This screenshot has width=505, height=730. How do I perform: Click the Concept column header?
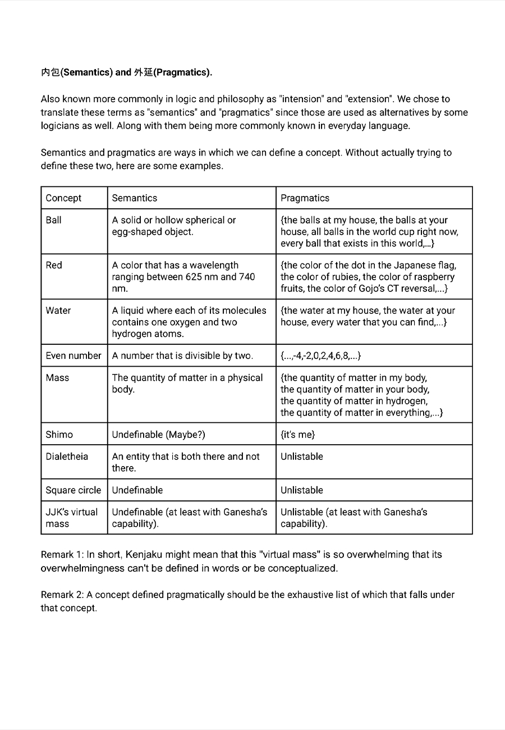pos(63,198)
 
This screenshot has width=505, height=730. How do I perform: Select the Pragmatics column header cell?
pos(305,198)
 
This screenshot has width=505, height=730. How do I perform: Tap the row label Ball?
pos(54,220)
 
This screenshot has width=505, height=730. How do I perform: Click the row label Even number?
pos(74,355)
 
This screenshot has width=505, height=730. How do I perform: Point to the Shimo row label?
pos(59,434)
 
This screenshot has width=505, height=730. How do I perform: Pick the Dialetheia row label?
pos(67,457)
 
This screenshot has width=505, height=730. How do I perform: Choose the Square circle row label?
pos(74,490)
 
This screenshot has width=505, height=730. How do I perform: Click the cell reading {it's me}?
pos(298,434)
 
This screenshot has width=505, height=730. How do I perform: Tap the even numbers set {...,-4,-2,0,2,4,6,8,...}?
pos(321,355)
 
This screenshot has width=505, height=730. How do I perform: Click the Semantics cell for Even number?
pos(182,355)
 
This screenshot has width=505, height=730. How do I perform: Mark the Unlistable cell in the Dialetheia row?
pos(302,457)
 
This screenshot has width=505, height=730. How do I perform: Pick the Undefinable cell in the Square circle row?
pos(137,490)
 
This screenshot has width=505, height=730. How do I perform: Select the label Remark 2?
pos(62,595)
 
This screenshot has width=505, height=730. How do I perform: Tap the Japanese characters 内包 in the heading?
pos(50,72)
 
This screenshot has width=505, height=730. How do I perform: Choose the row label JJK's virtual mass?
pos(72,518)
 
